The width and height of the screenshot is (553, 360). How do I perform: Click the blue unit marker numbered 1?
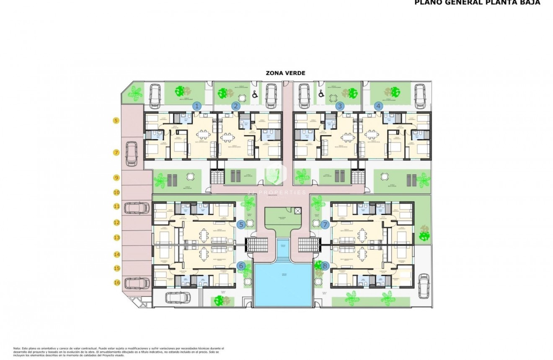(197, 106)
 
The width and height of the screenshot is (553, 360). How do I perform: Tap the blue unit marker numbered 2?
(236, 106)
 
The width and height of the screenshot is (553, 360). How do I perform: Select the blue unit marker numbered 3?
(340, 106)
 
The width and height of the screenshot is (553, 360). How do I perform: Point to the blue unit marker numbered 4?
(379, 106)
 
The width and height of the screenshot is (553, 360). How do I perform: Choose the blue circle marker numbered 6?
(241, 266)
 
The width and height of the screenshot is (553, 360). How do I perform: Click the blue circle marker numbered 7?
(325, 225)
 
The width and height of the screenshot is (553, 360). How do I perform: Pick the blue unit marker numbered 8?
(325, 266)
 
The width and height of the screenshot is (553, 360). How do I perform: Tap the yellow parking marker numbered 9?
(116, 178)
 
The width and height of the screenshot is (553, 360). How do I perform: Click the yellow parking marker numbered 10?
(116, 193)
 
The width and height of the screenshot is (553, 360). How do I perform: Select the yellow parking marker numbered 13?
(116, 238)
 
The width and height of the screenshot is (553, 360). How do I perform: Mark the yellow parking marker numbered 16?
(116, 282)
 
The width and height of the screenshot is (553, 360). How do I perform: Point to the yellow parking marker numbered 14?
(116, 254)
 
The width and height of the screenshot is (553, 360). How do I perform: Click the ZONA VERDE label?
(285, 73)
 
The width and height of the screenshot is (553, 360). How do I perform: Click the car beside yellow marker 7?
(132, 153)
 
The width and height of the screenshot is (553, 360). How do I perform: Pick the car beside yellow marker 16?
(137, 283)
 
